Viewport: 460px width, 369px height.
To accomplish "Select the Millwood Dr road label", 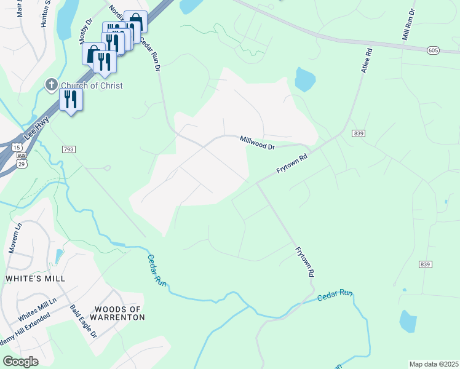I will pos(257,143).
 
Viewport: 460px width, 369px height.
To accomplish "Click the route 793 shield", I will pos(69,149).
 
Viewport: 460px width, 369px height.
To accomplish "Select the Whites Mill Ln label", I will pos(37,308).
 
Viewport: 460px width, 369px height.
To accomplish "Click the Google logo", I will pos(21,361).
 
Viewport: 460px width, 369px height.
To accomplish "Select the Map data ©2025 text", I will pos(433,364).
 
